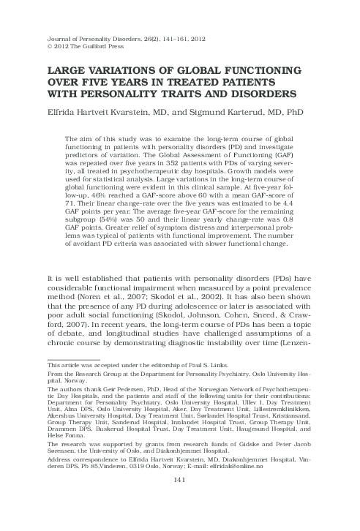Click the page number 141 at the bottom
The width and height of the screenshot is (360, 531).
pyautogui.click(x=179, y=500)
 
